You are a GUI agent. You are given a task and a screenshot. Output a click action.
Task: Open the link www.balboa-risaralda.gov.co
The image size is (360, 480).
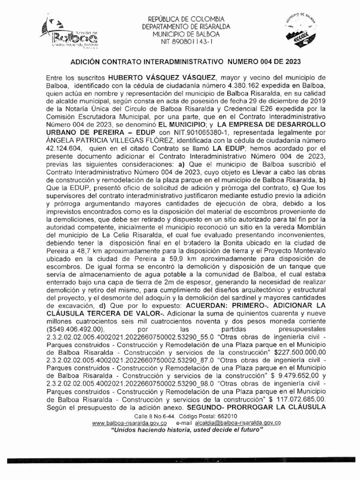(x=130, y=423)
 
